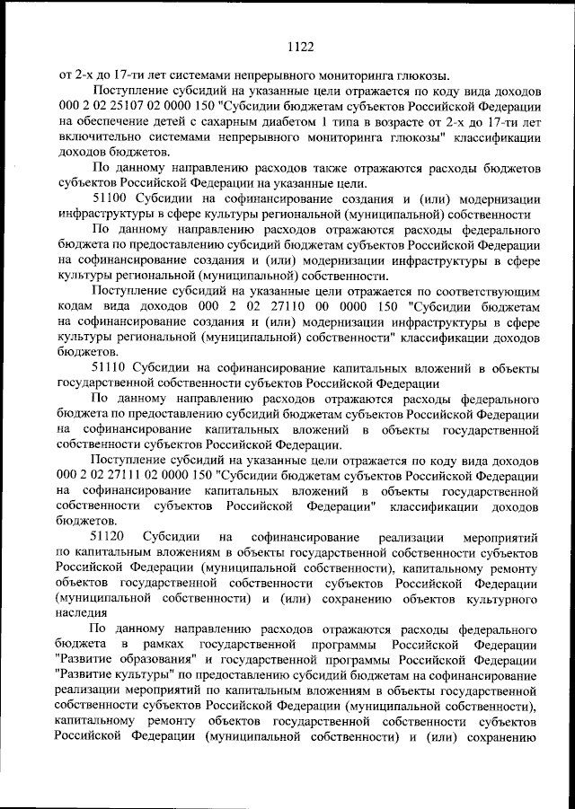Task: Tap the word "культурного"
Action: [x=499, y=598]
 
